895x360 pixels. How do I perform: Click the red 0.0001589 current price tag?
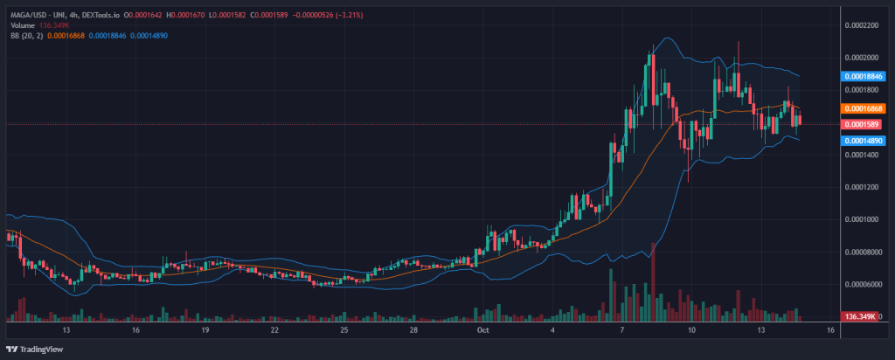(x=860, y=125)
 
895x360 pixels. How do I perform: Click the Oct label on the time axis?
(x=483, y=332)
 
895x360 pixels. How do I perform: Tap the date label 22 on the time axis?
(x=274, y=332)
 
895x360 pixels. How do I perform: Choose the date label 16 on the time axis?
(x=135, y=332)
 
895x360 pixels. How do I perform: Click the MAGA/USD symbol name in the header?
(x=25, y=16)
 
